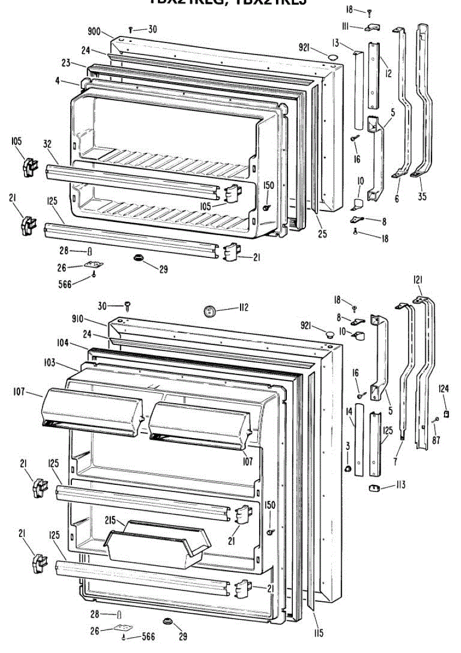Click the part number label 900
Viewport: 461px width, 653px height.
pos(94,32)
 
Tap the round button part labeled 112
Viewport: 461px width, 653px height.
pos(210,311)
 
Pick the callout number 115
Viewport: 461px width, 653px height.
pos(318,632)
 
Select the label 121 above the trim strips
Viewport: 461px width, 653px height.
pos(417,280)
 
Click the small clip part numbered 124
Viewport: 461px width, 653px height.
pos(446,414)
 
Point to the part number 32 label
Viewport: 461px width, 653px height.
pos(47,144)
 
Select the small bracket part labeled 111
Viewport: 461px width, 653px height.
pos(372,26)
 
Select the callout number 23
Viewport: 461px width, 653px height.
pos(66,64)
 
